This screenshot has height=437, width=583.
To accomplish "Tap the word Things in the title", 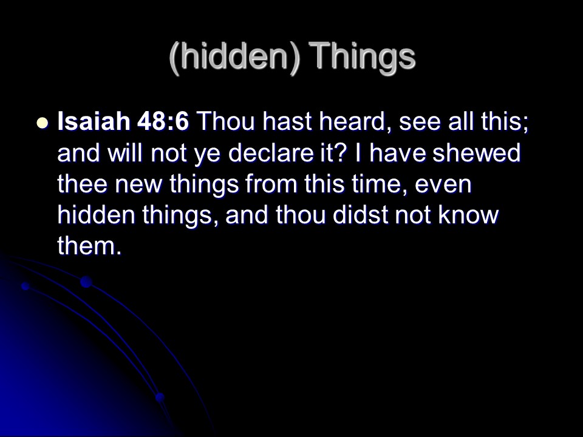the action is point(362,56).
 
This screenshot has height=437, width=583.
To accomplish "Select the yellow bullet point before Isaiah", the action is point(43,123).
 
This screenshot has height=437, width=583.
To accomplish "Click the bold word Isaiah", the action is point(94,121).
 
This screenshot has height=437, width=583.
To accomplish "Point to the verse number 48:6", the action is point(163,121).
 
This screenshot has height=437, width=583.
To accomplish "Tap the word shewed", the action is point(476,153).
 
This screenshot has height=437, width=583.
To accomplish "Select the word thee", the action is point(82,184).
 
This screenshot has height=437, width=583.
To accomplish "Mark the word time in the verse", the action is point(380,184).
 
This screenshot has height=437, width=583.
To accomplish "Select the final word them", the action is point(90,246).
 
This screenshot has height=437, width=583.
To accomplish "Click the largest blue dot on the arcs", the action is point(86,282).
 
